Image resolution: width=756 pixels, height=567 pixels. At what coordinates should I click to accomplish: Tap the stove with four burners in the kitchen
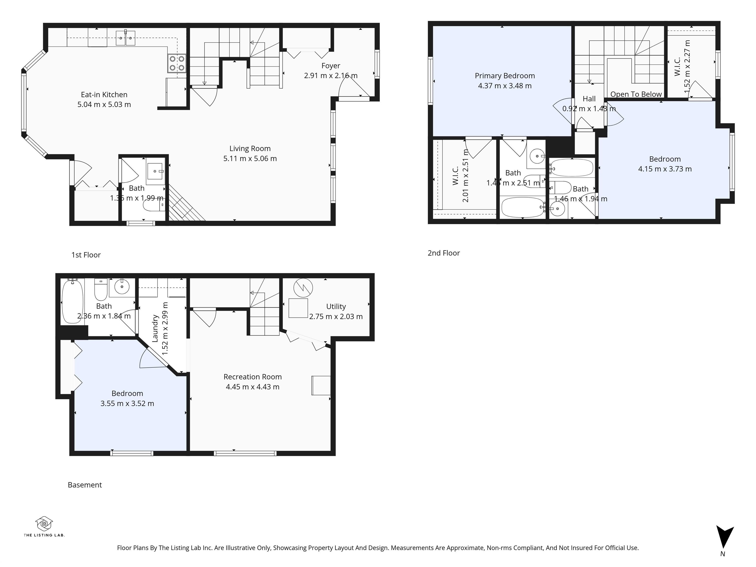point(177,63)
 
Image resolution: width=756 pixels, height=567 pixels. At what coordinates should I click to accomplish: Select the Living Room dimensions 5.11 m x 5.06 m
point(250,158)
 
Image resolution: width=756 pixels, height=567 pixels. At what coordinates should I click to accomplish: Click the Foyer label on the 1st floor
point(331,66)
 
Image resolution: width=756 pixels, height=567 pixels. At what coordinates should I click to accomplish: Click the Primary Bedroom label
point(504,76)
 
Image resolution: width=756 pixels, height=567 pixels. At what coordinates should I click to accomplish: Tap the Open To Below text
point(636,94)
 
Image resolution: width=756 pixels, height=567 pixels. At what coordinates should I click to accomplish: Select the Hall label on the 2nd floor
point(589,99)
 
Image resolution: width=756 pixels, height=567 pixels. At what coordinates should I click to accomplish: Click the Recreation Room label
point(252,377)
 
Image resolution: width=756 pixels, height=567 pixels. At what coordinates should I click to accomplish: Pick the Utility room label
point(336,307)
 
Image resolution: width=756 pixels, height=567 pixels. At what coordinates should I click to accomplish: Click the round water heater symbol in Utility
point(303,288)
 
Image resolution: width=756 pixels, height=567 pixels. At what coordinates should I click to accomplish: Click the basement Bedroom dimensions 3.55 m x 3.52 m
point(127,404)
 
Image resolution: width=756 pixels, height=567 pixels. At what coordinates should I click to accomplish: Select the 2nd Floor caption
point(444,253)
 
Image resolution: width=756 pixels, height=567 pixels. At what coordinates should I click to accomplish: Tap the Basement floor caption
point(85,485)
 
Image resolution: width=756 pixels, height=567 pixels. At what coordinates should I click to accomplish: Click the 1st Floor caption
point(86,255)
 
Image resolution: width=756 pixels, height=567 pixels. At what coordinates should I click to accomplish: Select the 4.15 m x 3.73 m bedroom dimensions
point(665,169)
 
